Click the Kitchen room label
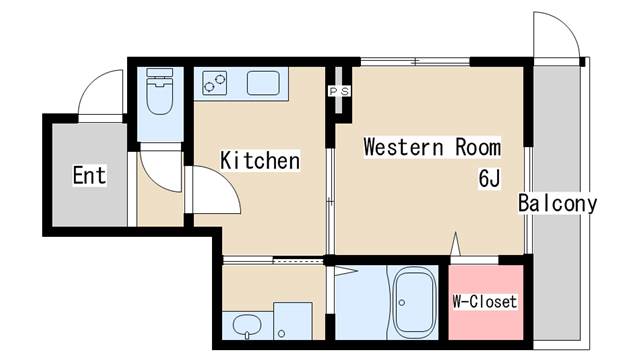(x=260, y=160)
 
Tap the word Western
(x=403, y=147)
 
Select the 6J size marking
(x=489, y=178)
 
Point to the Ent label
(x=89, y=176)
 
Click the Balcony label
(x=558, y=203)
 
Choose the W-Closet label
(x=485, y=302)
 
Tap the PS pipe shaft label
(x=340, y=91)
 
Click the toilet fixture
(x=159, y=91)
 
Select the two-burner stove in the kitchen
(x=215, y=83)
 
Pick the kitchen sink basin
(x=263, y=83)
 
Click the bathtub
(x=413, y=302)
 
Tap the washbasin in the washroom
(x=247, y=326)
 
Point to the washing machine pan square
(x=293, y=321)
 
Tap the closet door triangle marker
(x=456, y=244)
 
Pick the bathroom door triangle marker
(x=346, y=271)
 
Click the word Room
(x=478, y=147)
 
